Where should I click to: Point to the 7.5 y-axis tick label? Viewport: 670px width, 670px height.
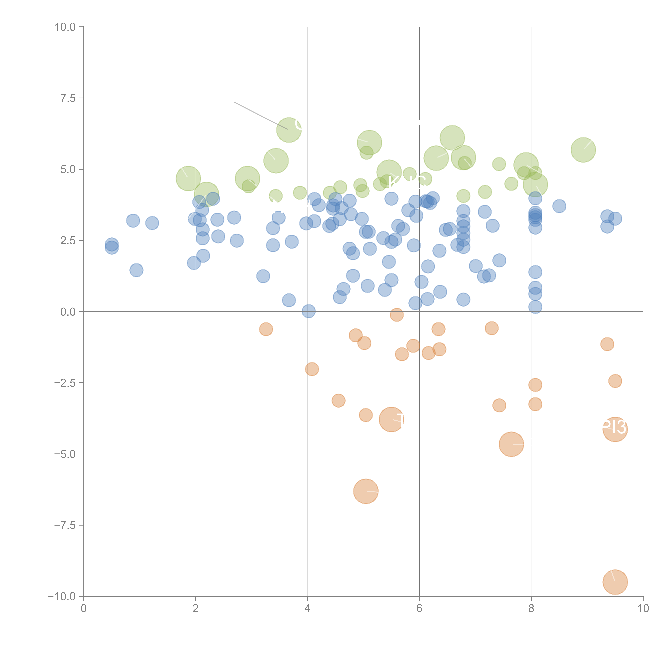point(68,98)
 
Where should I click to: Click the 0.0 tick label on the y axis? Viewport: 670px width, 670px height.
point(68,312)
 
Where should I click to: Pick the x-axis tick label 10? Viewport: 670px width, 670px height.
point(643,609)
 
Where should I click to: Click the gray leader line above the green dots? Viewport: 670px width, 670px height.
point(260,116)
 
